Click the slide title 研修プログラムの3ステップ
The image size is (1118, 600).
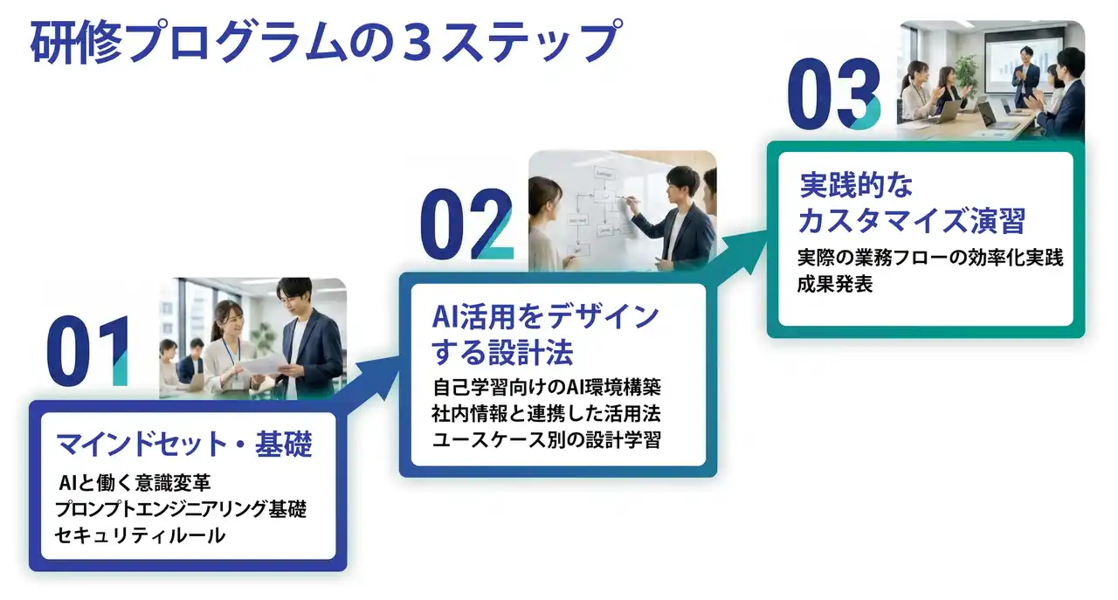[x=324, y=41]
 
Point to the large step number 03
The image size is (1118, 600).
[x=834, y=95]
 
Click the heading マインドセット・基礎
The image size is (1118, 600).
[x=183, y=445]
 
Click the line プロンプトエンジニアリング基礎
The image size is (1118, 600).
[x=180, y=509]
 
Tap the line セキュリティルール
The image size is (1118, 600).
[x=140, y=535]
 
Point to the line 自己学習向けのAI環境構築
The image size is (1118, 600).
[x=552, y=386]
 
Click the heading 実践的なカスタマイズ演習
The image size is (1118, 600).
[x=912, y=203]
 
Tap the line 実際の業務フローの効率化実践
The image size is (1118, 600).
[x=930, y=259]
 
